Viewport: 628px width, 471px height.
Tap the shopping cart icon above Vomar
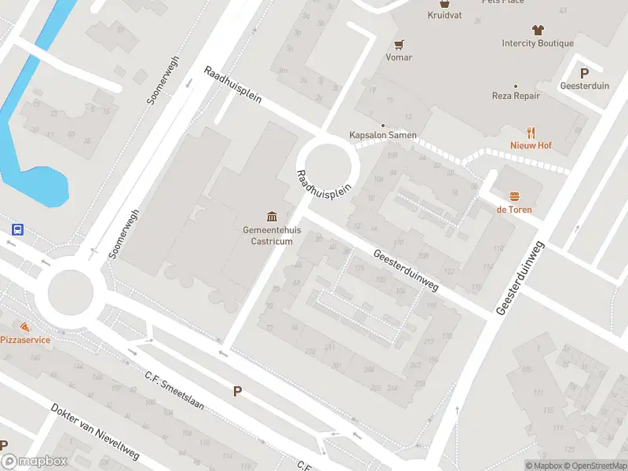[x=399, y=44]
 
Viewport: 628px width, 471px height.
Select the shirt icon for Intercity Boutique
[x=538, y=30]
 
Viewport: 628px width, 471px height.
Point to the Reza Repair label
[x=516, y=96]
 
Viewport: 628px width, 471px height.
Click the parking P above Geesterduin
[x=584, y=72]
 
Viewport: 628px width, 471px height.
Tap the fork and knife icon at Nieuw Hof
[x=531, y=132]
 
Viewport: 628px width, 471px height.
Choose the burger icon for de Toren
[x=515, y=196]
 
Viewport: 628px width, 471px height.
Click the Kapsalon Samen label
[x=383, y=135]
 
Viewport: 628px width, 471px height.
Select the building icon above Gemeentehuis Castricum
[x=272, y=216]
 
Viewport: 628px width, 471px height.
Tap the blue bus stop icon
[x=17, y=229]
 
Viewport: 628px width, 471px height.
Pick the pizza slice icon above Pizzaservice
[x=25, y=326]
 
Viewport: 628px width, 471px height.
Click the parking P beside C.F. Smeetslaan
[x=237, y=391]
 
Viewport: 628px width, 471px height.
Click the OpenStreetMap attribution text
[x=600, y=466]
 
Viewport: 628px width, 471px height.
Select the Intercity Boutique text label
[x=538, y=43]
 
